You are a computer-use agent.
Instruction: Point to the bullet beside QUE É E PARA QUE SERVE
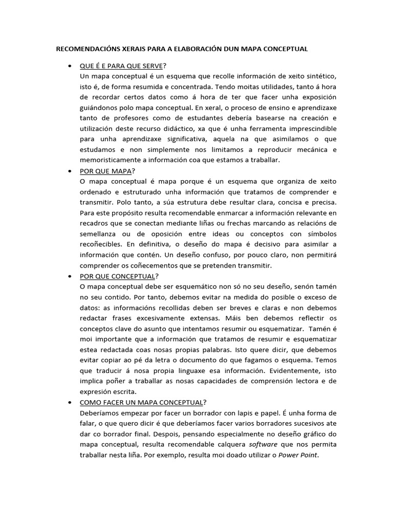point(69,67)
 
